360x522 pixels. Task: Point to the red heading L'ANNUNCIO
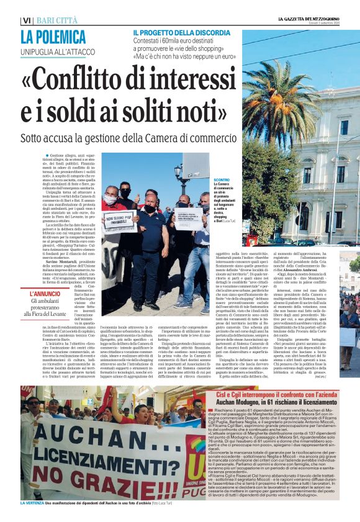tap(48, 293)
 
